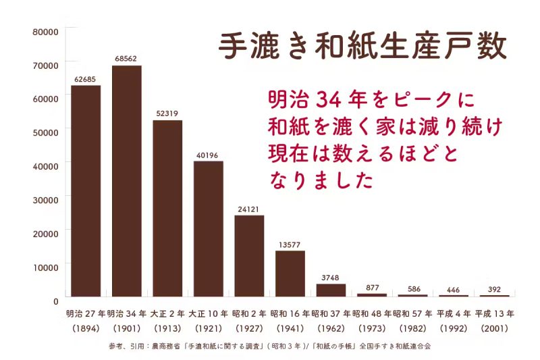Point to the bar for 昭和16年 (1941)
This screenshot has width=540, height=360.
coord(290,273)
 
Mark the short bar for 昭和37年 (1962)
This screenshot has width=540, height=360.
coord(331,290)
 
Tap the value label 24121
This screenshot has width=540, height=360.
coord(249,209)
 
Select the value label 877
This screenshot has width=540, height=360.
coord(372,287)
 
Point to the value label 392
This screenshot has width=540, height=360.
coord(494,289)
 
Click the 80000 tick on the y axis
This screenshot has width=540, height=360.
coord(46,31)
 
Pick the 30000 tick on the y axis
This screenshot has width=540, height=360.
coord(46,199)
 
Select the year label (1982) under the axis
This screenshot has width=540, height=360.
coord(412,328)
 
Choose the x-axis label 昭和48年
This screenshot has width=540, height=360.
coord(372,314)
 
